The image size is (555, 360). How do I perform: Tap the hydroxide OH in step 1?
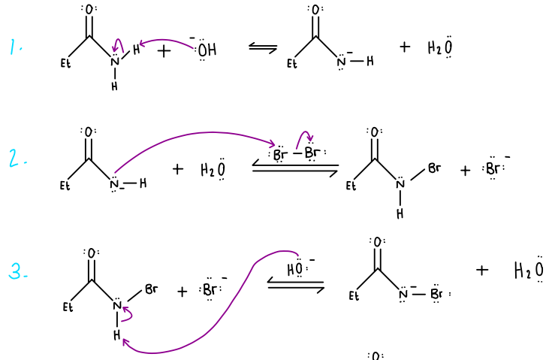tap(207, 50)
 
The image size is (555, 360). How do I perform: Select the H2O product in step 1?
tap(440, 48)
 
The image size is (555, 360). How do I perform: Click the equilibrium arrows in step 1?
tap(262, 48)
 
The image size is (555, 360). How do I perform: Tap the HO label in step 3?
tap(296, 268)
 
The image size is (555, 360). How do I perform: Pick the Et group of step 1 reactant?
tap(65, 64)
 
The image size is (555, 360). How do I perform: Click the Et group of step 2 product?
tap(351, 187)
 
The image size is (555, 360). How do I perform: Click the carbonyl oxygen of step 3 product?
tap(377, 241)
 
